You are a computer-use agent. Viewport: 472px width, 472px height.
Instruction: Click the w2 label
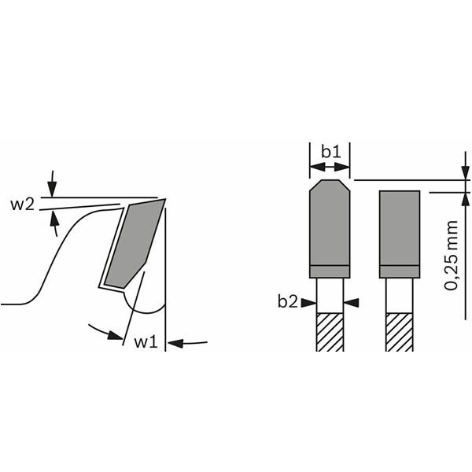click(x=22, y=205)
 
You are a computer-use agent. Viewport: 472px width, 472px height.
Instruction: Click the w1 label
click(x=146, y=342)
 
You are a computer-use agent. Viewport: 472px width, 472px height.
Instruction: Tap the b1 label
click(x=331, y=152)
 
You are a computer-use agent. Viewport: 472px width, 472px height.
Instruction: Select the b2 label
click(x=287, y=301)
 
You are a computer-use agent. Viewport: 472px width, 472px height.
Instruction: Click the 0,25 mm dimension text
click(x=451, y=255)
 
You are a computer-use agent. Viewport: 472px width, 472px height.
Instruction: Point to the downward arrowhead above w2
click(x=52, y=189)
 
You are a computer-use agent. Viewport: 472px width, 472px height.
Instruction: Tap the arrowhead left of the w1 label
click(x=116, y=335)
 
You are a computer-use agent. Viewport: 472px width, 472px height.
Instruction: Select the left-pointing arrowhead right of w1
click(x=175, y=343)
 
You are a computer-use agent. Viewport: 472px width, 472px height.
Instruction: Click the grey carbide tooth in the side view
click(x=134, y=245)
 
